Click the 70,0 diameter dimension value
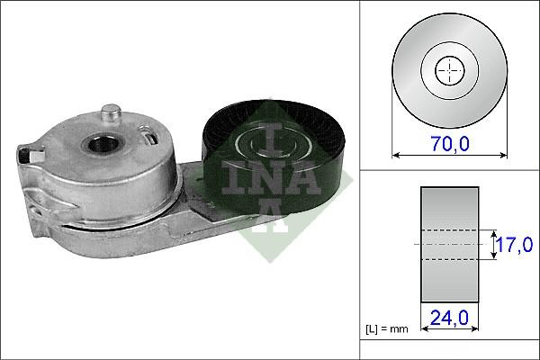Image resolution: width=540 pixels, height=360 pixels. (450, 143)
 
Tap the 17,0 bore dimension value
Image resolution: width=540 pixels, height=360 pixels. (514, 244)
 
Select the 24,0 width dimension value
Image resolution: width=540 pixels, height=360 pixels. (449, 318)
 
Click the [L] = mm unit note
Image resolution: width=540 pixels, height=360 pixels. (387, 329)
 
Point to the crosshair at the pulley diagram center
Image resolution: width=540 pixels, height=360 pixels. (450, 70)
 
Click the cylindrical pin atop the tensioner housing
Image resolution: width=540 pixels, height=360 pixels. (111, 114)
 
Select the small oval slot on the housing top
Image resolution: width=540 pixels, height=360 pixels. (151, 139)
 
